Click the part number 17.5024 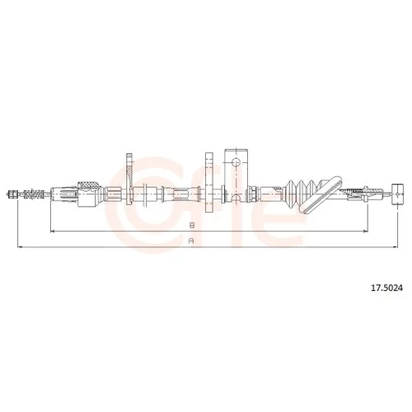pos(386,288)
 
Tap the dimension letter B pos(192,226)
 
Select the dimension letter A pos(192,241)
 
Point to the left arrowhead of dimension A pos(20,247)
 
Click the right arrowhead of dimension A pos(396,247)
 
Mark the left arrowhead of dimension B pos(53,232)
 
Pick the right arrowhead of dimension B pos(365,232)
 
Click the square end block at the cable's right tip pos(398,194)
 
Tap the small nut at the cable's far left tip pos(12,194)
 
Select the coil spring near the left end pos(34,194)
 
